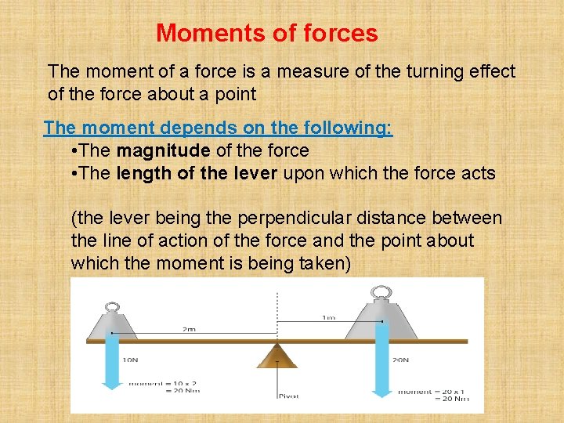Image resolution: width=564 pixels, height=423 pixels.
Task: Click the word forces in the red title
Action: point(338,34)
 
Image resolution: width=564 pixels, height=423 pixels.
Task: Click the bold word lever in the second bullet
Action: point(255,173)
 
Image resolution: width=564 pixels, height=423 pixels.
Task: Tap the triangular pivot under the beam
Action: point(277,356)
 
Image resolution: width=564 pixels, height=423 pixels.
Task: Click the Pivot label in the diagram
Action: point(288,396)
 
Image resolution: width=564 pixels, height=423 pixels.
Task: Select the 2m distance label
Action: point(189,330)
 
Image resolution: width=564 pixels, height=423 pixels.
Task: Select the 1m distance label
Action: point(330,317)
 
